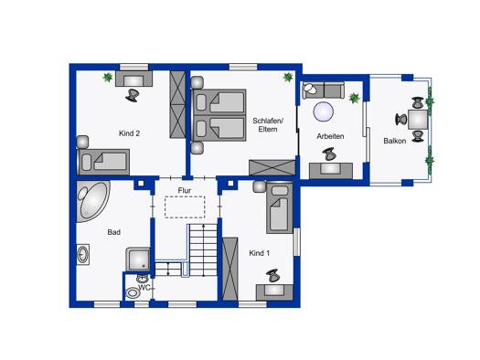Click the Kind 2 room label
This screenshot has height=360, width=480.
129,133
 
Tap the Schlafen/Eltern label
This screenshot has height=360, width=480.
268,125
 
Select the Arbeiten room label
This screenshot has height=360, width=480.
330,136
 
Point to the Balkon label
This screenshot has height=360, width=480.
395,141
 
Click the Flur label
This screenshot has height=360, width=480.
185,190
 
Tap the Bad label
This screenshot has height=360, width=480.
114,232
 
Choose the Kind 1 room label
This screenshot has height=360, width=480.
260,253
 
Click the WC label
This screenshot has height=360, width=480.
144,288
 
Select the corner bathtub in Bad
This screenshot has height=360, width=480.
92,201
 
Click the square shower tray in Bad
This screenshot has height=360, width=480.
138,259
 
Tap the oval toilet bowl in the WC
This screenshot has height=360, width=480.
133,293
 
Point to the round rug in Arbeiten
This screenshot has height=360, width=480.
324,111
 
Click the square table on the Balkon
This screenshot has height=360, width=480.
418,120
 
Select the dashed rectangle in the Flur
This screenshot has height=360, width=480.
185,207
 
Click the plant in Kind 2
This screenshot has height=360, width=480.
108,78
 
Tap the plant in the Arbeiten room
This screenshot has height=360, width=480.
354,98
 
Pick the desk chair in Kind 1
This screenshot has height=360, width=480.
272,276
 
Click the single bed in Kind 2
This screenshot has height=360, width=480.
104,162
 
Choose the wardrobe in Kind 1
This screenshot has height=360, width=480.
230,269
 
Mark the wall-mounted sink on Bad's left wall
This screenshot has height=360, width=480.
82,254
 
